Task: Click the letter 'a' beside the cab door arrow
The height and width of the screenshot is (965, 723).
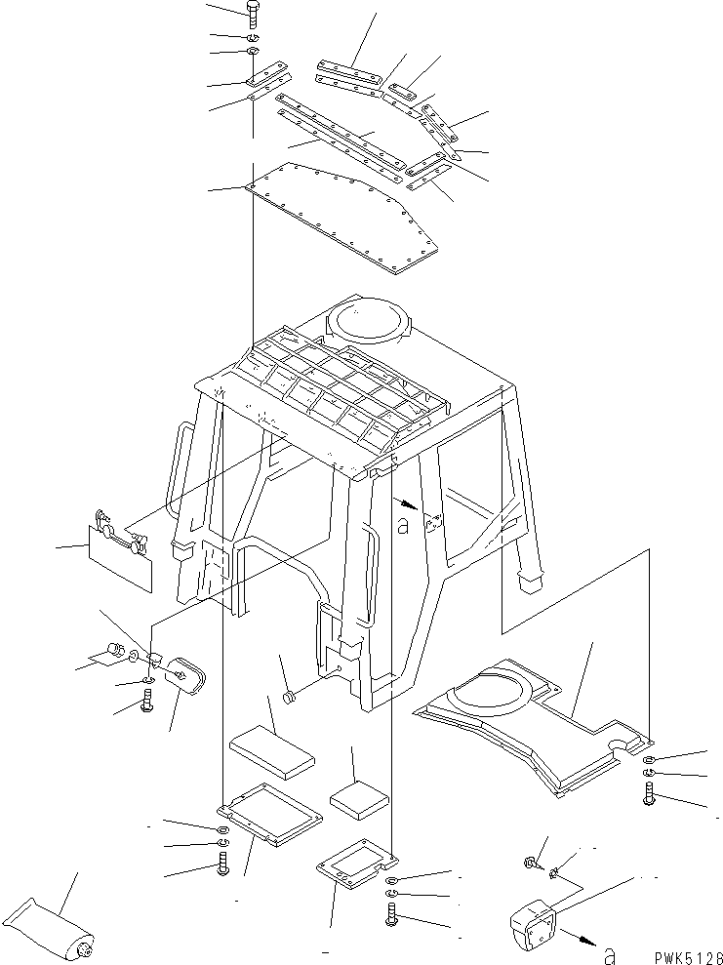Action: [403, 526]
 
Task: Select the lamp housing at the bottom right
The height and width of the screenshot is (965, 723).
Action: [532, 922]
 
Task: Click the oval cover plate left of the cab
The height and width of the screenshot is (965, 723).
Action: [185, 676]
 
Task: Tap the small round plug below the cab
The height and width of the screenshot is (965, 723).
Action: [290, 698]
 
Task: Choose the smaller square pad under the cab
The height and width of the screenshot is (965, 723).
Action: [360, 794]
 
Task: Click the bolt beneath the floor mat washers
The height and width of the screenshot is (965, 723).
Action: [649, 794]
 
